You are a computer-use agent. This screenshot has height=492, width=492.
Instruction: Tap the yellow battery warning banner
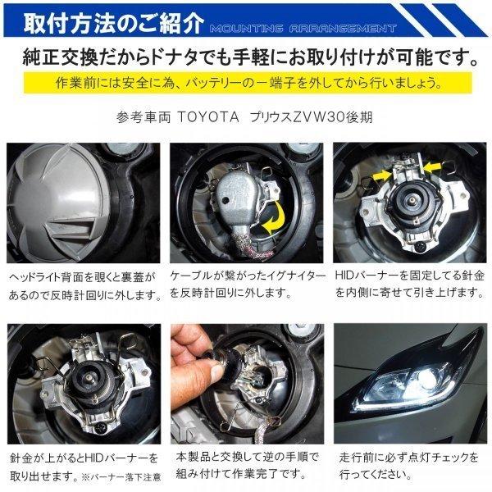click(245, 84)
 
